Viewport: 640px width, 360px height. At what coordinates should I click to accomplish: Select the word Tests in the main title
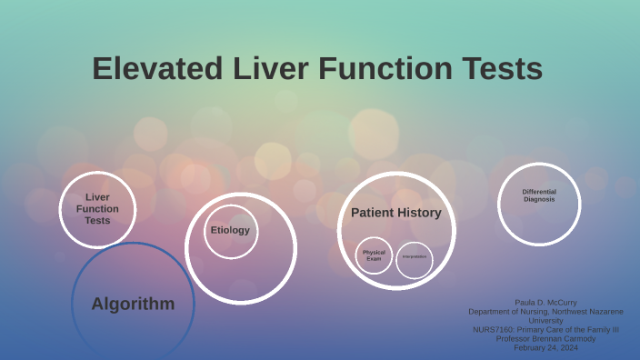pyautogui.click(x=501, y=69)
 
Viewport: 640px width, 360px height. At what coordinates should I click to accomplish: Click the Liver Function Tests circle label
pyautogui.click(x=97, y=209)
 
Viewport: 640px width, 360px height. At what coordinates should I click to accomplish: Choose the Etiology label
pyautogui.click(x=230, y=230)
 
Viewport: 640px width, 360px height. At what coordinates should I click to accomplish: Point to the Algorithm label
pyautogui.click(x=133, y=304)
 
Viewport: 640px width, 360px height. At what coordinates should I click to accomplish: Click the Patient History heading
pyautogui.click(x=395, y=213)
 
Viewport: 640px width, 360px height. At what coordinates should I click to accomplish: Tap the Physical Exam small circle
pyautogui.click(x=374, y=255)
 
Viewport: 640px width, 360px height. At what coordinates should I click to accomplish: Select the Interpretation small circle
pyautogui.click(x=414, y=256)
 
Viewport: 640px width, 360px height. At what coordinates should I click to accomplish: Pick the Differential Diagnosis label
pyautogui.click(x=539, y=195)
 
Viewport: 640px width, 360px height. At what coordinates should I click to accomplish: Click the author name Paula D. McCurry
pyautogui.click(x=545, y=302)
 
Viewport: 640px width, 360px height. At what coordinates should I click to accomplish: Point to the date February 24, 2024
pyautogui.click(x=545, y=347)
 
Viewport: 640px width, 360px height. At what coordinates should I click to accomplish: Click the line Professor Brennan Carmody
pyautogui.click(x=545, y=338)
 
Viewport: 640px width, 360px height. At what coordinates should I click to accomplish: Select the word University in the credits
pyautogui.click(x=545, y=320)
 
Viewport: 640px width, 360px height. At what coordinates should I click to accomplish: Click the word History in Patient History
pyautogui.click(x=420, y=213)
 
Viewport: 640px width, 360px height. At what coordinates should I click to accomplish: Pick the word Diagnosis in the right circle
pyautogui.click(x=539, y=199)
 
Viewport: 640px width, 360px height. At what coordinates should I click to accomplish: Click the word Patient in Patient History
pyautogui.click(x=373, y=213)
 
